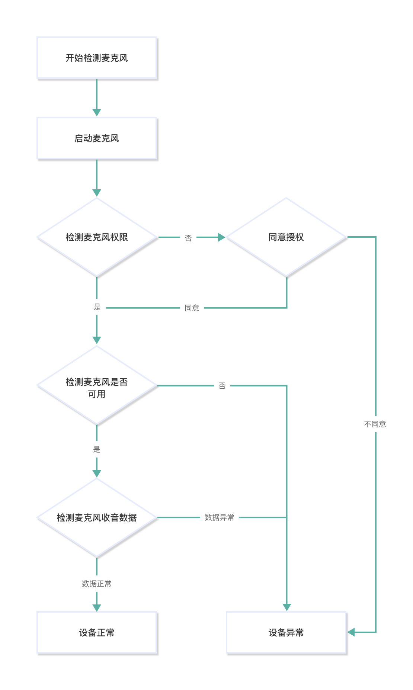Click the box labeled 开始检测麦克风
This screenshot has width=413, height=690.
97,58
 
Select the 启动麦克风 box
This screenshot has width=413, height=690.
97,138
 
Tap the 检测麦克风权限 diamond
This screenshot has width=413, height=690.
97,237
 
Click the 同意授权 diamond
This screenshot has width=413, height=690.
286,237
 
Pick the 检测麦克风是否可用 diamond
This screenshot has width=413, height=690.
97,386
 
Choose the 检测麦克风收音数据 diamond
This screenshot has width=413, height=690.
97,517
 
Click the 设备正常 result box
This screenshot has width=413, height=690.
97,632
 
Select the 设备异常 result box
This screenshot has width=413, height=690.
286,632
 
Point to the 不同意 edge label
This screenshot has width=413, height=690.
375,424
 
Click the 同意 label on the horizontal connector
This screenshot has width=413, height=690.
192,308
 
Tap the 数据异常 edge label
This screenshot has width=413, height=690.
220,517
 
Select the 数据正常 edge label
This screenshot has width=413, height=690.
97,584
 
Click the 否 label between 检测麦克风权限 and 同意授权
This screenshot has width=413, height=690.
188,238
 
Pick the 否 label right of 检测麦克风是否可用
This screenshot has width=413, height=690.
222,386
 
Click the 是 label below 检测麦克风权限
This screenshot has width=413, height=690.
97,307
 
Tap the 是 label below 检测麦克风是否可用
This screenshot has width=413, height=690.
97,449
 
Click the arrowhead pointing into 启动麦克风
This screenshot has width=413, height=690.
97,112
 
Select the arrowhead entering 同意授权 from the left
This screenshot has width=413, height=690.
222,237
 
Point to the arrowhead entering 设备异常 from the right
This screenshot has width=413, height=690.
351,632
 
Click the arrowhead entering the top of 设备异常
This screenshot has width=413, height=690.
286,607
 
